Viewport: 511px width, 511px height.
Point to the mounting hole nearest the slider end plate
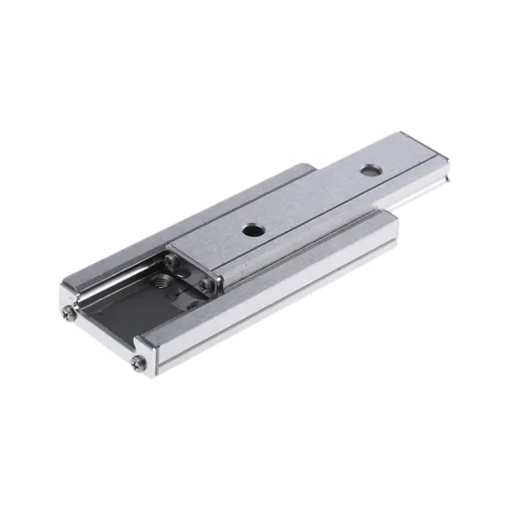[x=252, y=228]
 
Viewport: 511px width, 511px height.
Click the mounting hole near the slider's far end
[x=371, y=171]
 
